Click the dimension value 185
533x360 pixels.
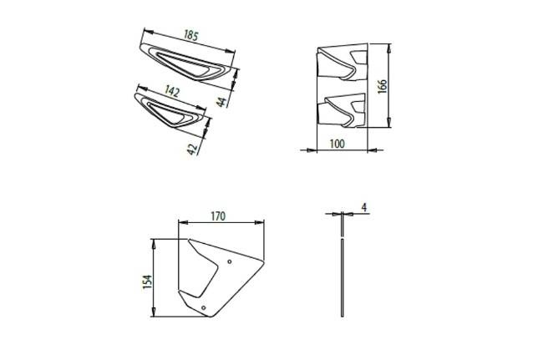coord(190,35)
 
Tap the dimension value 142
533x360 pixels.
coord(171,91)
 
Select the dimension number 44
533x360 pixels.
coord(221,102)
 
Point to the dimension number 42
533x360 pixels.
coord(192,149)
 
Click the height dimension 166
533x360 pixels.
coord(383,86)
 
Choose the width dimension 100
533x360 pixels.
coord(337,144)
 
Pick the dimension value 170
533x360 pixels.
coord(218,216)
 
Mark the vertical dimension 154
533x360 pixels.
coord(147,281)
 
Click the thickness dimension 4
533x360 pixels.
coord(364,207)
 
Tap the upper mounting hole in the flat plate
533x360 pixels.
coord(230,261)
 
